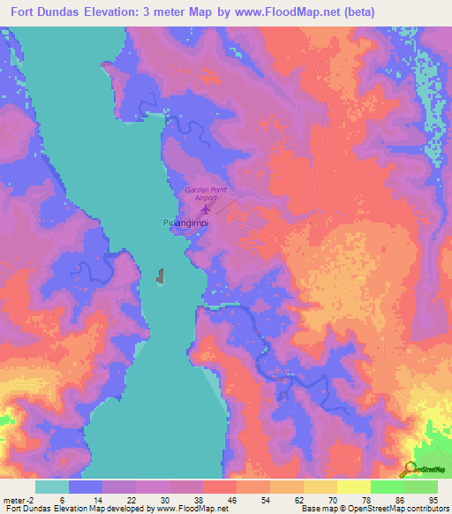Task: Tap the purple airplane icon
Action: click(x=207, y=210)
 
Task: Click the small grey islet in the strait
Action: click(x=161, y=277)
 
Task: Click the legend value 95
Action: click(x=432, y=499)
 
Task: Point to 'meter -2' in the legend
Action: click(x=18, y=499)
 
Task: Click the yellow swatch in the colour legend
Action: click(x=354, y=487)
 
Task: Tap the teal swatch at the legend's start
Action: click(x=52, y=487)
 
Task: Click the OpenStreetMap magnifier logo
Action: click(x=410, y=470)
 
